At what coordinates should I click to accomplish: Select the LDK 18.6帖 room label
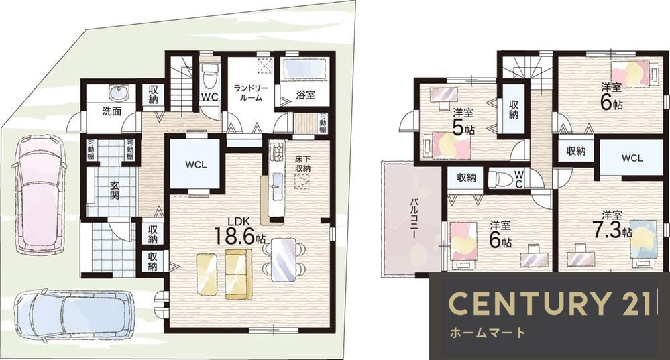click(239, 231)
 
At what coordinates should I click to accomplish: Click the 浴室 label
click(305, 95)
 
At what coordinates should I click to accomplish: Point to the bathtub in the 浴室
click(304, 70)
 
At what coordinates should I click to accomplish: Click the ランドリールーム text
click(252, 93)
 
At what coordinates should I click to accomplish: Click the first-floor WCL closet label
click(196, 164)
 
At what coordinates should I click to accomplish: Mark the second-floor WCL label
click(632, 158)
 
